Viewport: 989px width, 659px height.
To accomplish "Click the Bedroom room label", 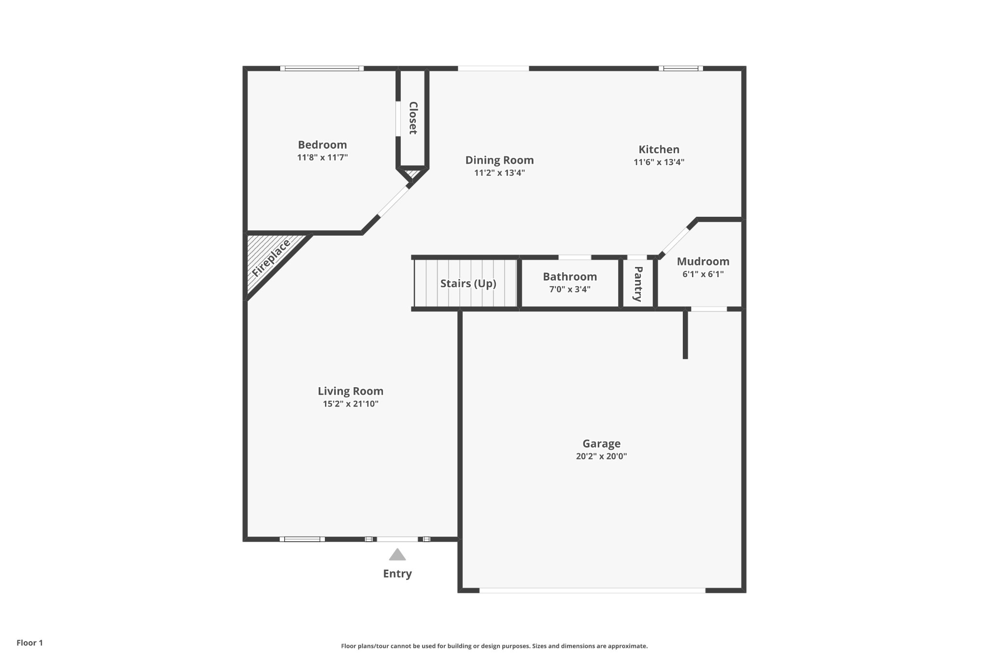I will [x=322, y=145].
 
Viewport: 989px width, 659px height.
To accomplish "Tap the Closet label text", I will [x=413, y=118].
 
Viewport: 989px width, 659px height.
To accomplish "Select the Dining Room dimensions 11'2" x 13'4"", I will [x=499, y=173].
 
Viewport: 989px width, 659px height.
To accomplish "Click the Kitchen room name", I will [x=659, y=150].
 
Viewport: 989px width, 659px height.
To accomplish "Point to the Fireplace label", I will [x=271, y=258].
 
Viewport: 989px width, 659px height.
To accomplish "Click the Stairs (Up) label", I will [x=468, y=283].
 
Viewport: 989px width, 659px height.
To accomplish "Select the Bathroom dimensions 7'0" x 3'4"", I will [x=570, y=290].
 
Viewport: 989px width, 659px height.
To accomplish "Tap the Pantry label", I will [x=638, y=283].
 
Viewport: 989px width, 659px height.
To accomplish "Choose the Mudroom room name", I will [x=703, y=262].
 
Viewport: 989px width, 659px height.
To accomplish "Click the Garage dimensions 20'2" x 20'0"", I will [x=601, y=456].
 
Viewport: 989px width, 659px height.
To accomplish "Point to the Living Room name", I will [x=351, y=391].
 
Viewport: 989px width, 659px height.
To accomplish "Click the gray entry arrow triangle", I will [x=397, y=555].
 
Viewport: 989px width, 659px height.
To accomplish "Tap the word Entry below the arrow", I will [x=397, y=574].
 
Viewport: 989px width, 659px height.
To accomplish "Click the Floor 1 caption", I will [x=30, y=643].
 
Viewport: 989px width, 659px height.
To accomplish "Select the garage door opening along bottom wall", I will [x=592, y=590].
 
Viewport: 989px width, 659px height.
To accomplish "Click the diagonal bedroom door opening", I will [x=393, y=202].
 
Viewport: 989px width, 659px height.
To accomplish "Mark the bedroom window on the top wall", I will [x=322, y=69].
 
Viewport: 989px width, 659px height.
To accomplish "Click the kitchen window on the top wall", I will [x=680, y=69].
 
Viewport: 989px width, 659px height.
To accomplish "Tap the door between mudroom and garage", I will [x=708, y=309].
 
